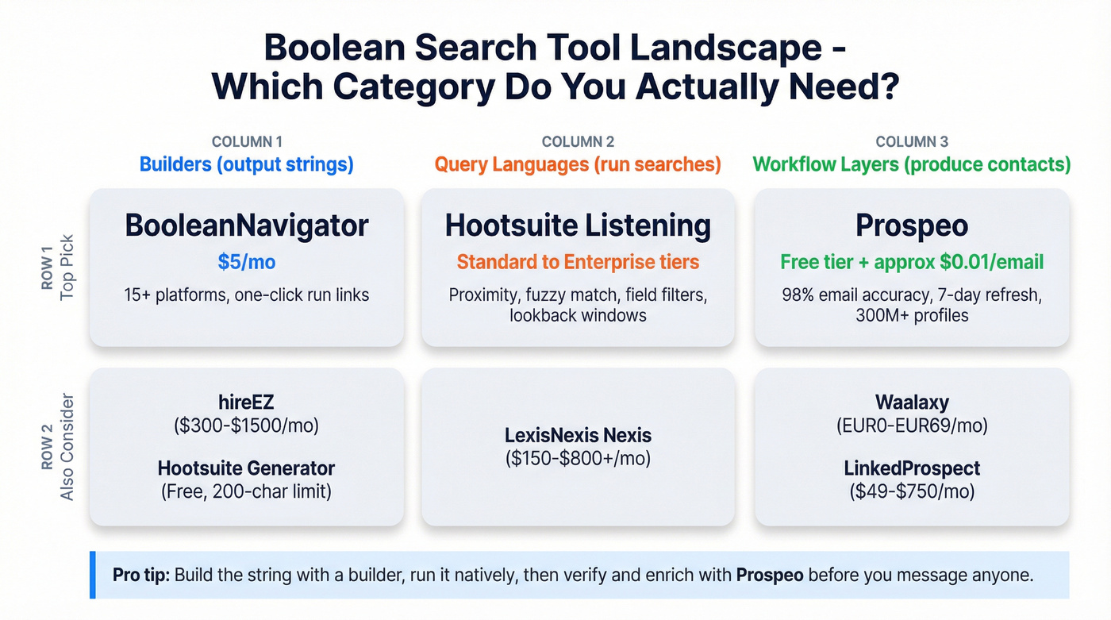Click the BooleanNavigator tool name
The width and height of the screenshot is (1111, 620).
coord(246,226)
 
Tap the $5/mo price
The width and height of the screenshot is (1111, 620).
coord(246,262)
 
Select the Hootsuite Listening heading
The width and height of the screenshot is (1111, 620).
coord(578,226)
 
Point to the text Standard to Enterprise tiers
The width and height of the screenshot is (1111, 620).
coord(578,262)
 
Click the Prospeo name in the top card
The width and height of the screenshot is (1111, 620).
coord(912,226)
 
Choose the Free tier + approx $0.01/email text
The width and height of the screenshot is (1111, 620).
coord(912,262)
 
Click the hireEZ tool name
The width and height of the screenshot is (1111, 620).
coord(246,402)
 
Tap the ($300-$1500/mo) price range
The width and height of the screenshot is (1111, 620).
coord(246,426)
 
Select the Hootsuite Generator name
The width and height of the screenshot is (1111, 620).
coord(246,468)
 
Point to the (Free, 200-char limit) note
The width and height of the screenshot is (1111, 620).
coord(246,491)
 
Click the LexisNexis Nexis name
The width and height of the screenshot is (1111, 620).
coord(578,435)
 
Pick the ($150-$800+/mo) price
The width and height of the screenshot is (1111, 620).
coord(578,458)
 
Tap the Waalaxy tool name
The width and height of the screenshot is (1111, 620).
coord(912,402)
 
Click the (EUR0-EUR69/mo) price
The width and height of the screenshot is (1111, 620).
coord(912,426)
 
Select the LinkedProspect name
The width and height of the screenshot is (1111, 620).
coord(912,468)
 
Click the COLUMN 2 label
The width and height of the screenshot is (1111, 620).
coord(578,142)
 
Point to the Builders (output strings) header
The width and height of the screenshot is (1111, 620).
coord(246,165)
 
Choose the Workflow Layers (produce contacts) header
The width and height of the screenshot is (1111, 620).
coord(912,165)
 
